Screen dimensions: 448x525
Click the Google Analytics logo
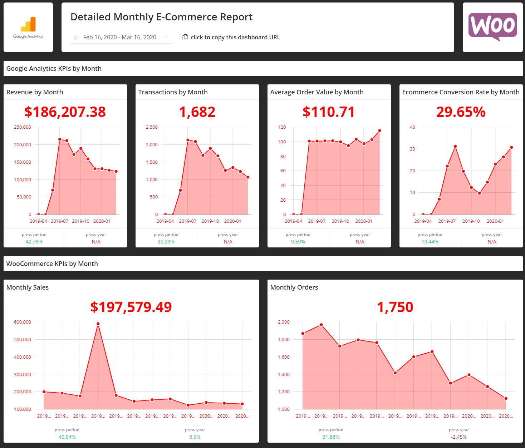[28, 28]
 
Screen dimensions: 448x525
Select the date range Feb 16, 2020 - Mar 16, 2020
[120, 37]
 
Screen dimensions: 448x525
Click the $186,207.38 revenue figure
[65, 112]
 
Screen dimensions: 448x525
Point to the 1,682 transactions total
[197, 112]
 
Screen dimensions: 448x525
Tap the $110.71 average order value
[329, 112]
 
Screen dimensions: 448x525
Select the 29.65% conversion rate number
[461, 112]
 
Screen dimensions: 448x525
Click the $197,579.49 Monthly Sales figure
[131, 307]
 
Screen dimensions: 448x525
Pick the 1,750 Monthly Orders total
[395, 307]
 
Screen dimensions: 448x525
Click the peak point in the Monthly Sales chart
[98, 324]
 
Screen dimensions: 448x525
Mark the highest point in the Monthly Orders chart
[321, 325]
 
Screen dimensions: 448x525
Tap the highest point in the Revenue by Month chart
[60, 139]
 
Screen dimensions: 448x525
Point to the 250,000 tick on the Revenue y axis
[23, 127]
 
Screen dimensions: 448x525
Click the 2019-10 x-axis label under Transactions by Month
[210, 221]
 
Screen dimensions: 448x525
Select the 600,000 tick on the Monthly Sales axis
[23, 322]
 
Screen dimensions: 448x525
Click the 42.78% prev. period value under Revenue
[34, 242]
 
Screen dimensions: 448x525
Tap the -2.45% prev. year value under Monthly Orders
[458, 437]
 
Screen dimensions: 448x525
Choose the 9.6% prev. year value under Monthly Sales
[195, 437]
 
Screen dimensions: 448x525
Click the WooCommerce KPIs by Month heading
[52, 264]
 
